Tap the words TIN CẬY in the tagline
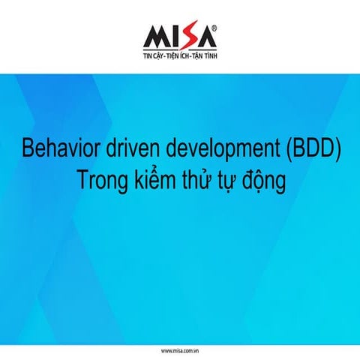coord(156,56)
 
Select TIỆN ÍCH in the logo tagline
coord(180,56)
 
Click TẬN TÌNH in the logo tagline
coord(205,56)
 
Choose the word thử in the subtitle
coord(196,181)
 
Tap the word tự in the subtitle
coord(227,181)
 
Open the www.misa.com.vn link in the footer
coord(179,350)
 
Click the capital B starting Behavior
coord(28,147)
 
